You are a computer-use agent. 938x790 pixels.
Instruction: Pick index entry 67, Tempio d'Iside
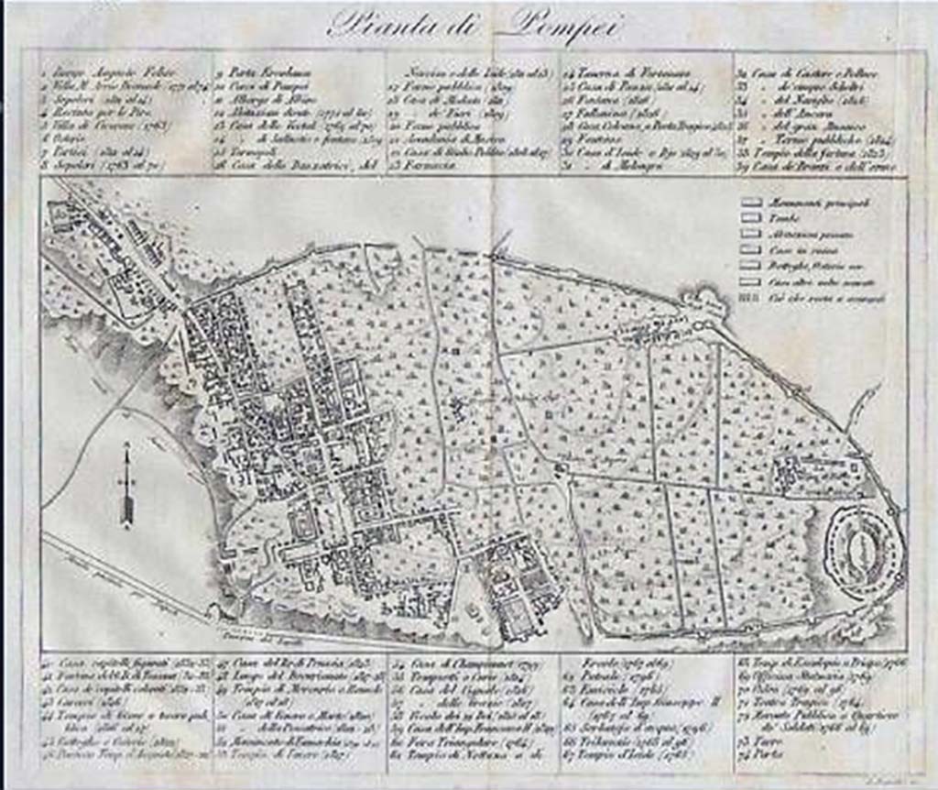[632, 757]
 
